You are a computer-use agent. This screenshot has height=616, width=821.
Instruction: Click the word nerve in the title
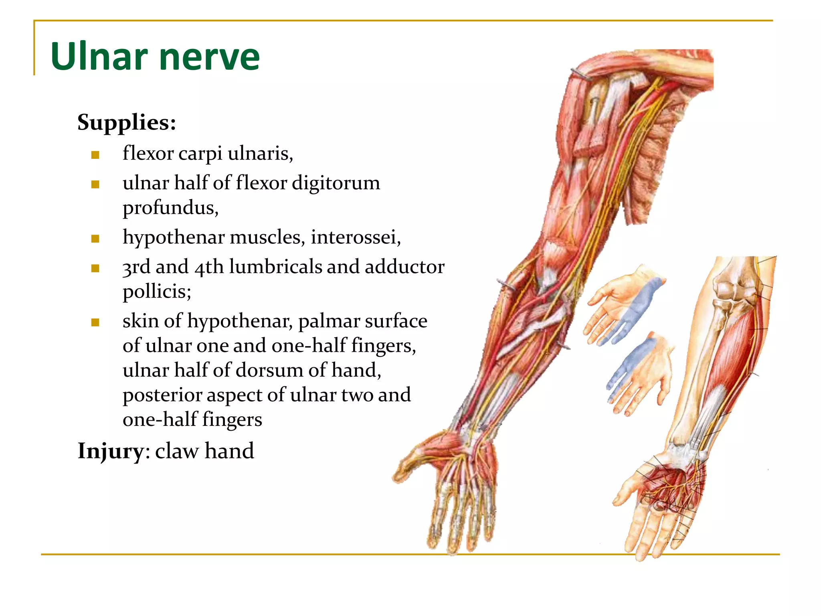[210, 57]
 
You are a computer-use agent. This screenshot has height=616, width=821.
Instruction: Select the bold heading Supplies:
[127, 122]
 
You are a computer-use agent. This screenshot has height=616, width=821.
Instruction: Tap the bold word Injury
[110, 451]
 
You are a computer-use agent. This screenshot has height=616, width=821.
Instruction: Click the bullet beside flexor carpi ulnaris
[95, 155]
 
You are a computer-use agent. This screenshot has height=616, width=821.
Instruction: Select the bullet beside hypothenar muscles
[95, 239]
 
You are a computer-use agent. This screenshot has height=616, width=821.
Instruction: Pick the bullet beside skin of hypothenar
[95, 322]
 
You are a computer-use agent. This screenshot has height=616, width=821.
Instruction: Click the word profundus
[170, 208]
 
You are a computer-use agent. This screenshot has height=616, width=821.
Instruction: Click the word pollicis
[157, 292]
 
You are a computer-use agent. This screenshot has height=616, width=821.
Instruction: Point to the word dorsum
[270, 370]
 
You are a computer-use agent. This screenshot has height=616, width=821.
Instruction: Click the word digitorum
[336, 183]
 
